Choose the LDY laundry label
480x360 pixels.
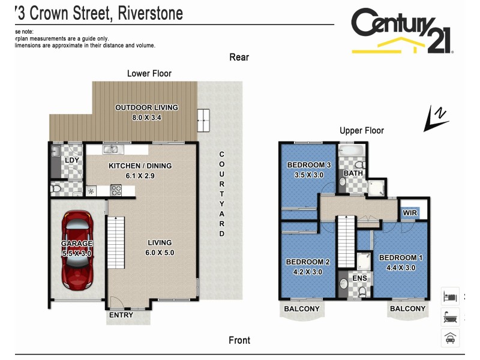click(72, 161)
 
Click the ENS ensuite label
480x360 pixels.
click(359, 278)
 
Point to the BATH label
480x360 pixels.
click(352, 174)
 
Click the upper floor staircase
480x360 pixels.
click(346, 240)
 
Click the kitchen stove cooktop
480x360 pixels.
click(117, 191)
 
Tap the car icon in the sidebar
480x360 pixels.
click(449, 338)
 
